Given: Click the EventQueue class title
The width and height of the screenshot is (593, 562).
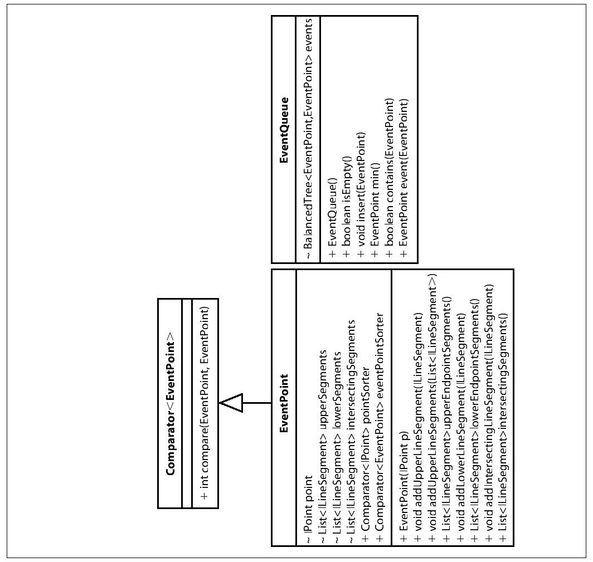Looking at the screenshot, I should point(284,130).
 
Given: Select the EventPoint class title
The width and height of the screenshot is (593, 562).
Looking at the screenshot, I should point(284,403).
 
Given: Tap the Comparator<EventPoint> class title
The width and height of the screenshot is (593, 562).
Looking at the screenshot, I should point(170,403).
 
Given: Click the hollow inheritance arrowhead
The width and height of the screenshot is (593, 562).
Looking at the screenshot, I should point(231,403).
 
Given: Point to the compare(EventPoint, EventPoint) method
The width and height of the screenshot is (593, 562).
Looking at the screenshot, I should point(205,403).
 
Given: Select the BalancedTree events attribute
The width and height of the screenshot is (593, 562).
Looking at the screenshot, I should point(308,139).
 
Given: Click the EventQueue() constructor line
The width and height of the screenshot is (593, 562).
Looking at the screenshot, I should point(332,217).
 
